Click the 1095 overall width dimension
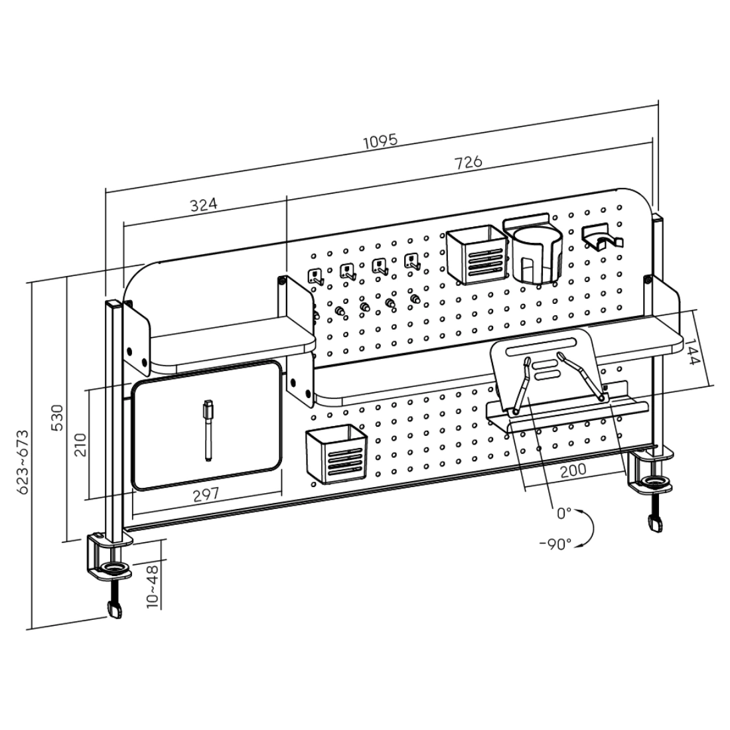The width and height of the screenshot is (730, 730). [x=380, y=141]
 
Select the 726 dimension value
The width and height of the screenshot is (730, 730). [x=468, y=162]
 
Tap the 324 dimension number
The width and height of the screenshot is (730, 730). [x=204, y=204]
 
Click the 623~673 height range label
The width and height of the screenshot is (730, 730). [x=23, y=461]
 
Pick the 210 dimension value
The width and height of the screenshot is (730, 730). [x=80, y=444]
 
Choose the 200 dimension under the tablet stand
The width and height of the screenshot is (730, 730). [x=573, y=470]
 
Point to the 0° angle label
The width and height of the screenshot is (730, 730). [x=563, y=512]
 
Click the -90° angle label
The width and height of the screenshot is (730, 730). [x=555, y=544]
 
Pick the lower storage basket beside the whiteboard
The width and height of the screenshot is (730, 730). [x=336, y=454]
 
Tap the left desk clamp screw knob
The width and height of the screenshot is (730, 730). [x=115, y=609]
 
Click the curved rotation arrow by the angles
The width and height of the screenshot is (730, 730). [x=587, y=528]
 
